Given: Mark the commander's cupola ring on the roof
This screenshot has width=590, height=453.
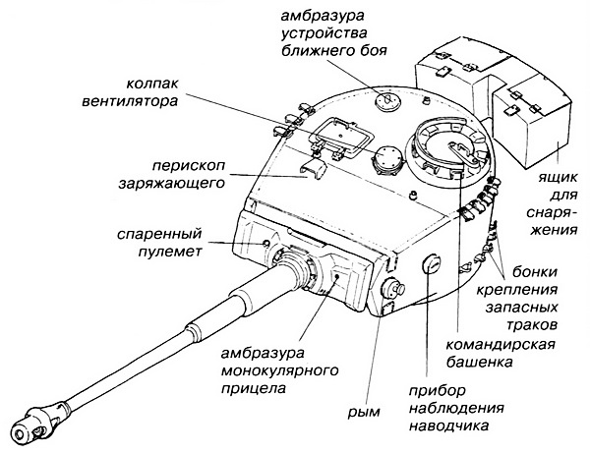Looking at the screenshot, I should pyautogui.click(x=446, y=147).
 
